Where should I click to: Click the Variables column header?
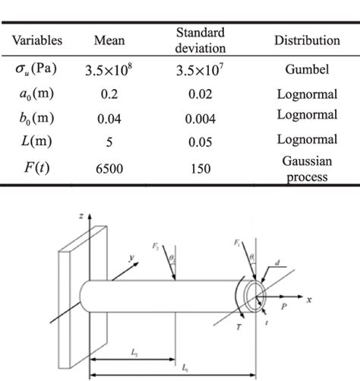click(36, 40)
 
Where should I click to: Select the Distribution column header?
click(306, 40)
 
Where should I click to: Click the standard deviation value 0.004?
click(200, 119)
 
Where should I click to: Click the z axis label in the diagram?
click(80, 217)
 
